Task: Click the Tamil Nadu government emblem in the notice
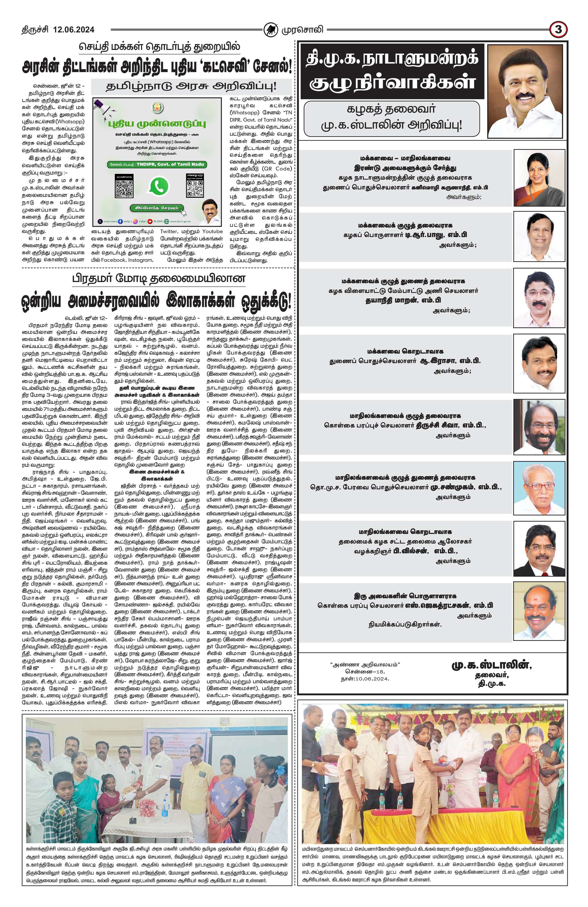point(157,107)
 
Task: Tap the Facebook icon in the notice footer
point(120,221)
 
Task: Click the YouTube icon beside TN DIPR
point(150,221)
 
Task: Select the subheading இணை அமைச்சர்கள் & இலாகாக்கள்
point(157,475)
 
